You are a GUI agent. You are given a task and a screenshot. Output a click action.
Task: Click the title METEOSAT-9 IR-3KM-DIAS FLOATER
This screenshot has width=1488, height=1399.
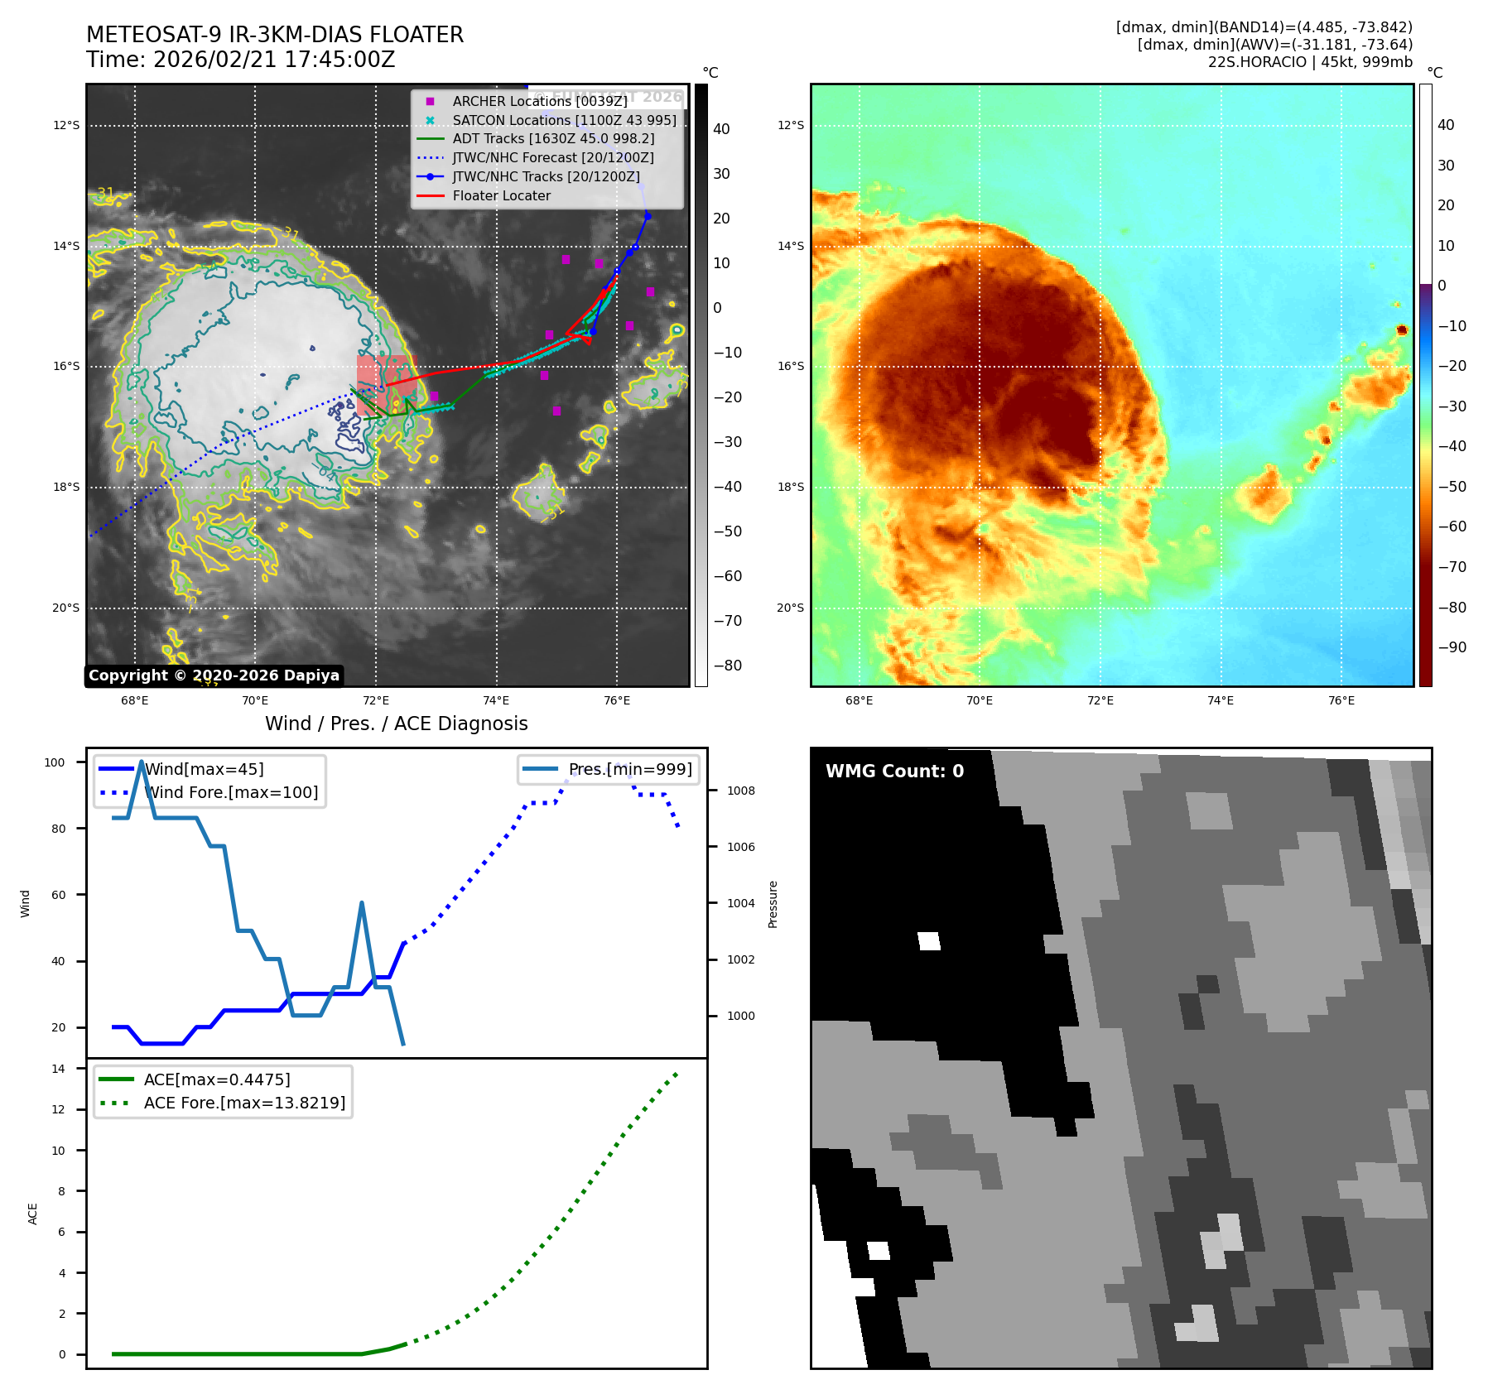[274, 35]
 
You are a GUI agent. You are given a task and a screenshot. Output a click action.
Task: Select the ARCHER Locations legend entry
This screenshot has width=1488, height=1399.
[539, 101]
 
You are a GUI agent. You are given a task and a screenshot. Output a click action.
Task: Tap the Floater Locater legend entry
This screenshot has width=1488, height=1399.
[501, 196]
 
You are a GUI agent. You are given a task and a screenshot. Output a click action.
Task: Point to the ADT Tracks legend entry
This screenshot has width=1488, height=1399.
[553, 139]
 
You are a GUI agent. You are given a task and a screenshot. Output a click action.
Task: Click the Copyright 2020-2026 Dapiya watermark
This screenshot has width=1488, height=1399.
[214, 675]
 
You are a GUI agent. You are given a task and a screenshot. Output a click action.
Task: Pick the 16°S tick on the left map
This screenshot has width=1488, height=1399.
[66, 367]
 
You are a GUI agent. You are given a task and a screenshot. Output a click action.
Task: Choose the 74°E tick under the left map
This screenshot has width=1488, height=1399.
[496, 701]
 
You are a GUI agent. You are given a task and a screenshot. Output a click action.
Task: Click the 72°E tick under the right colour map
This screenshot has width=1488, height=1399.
[1100, 701]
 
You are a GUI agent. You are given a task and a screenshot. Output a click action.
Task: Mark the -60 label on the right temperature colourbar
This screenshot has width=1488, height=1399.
[1452, 526]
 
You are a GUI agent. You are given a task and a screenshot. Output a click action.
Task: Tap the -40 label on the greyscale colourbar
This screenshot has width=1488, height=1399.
[728, 487]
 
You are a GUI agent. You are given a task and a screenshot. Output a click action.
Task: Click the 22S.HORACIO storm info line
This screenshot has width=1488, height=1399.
[1310, 62]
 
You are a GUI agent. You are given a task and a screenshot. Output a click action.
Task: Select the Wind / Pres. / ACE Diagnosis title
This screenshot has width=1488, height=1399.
[396, 724]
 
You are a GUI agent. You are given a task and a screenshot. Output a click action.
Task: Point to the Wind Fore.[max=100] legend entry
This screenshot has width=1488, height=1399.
[231, 793]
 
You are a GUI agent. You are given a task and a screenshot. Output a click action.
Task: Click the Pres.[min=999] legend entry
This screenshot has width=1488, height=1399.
[630, 770]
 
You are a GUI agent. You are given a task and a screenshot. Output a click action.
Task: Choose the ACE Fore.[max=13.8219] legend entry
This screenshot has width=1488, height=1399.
[244, 1103]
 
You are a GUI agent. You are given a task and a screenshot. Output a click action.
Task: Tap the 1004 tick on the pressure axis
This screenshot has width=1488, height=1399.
[741, 903]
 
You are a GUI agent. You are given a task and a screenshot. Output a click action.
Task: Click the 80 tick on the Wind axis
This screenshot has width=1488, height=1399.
[58, 829]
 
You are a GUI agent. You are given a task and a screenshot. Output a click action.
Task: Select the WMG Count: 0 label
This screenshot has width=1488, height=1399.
[894, 772]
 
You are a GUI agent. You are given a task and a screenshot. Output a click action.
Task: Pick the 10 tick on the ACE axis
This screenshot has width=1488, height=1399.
[58, 1151]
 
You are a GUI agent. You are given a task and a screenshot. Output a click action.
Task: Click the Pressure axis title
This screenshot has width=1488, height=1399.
[773, 904]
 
